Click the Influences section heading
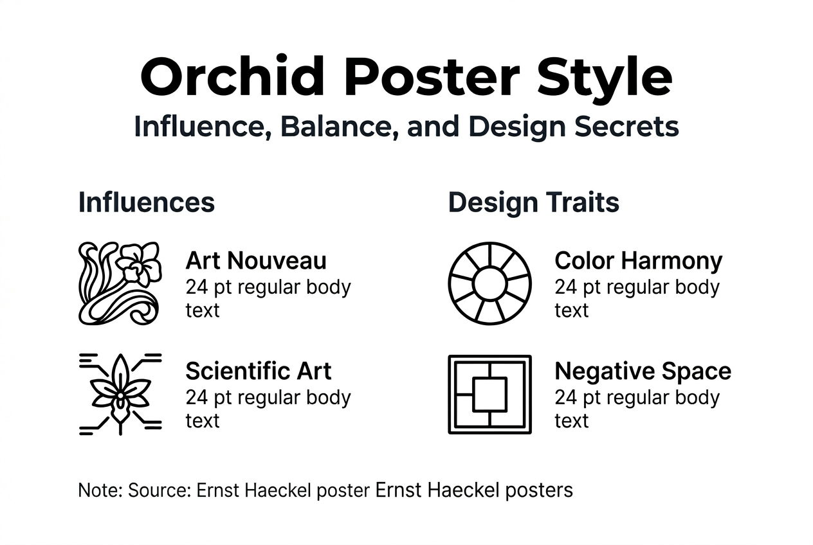click(146, 202)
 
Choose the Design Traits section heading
click(533, 202)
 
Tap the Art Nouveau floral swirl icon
click(119, 283)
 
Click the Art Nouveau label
click(256, 261)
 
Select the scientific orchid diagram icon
click(120, 393)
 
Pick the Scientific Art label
click(259, 371)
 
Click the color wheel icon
click(489, 283)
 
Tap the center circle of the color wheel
click(489, 283)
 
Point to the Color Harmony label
click(638, 261)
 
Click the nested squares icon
click(489, 394)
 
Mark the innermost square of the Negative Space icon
click(489, 394)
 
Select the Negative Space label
click(643, 371)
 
